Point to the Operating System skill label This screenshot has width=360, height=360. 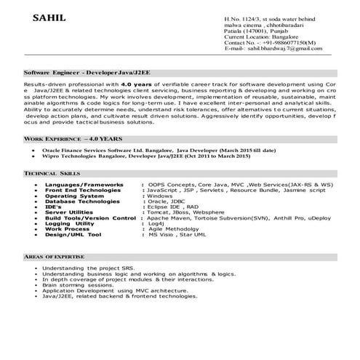point(75,196)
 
